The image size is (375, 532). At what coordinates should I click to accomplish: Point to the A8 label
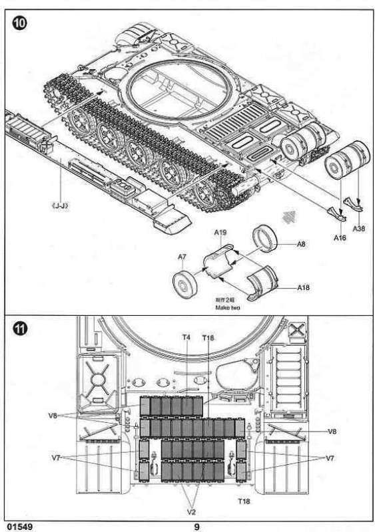point(301,245)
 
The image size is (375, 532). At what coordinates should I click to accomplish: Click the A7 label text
point(181,257)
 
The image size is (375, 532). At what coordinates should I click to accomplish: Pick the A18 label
point(303,287)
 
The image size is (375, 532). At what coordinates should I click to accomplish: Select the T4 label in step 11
point(186,338)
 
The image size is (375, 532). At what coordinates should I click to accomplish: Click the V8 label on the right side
point(332,432)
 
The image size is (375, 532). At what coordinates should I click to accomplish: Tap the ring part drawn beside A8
point(268,237)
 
